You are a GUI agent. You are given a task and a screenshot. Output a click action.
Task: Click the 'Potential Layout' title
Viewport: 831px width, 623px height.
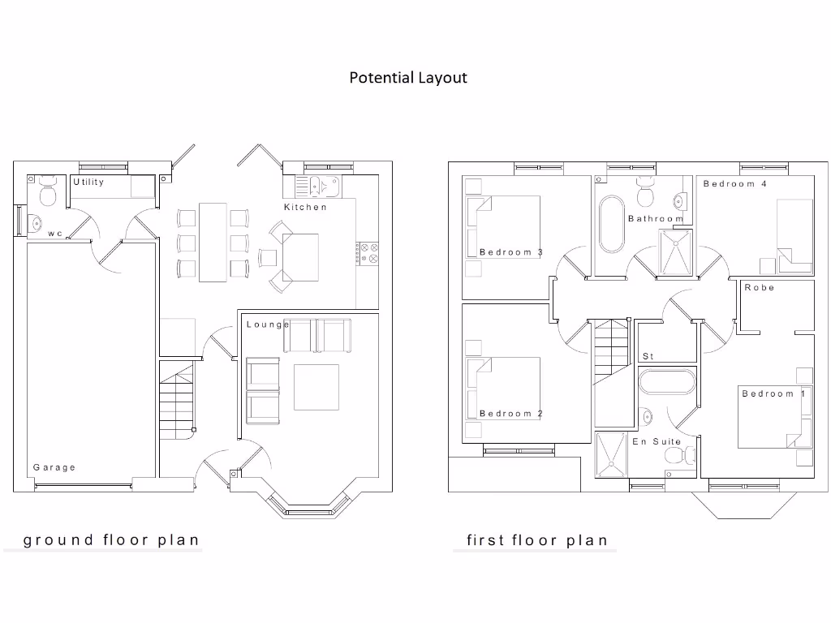click(x=408, y=78)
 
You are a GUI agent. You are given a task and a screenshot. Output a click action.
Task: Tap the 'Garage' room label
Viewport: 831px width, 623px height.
click(x=54, y=467)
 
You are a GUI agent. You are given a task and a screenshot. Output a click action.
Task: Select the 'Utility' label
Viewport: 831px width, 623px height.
click(x=88, y=183)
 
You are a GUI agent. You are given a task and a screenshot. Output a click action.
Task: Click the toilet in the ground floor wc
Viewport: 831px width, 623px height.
click(x=46, y=194)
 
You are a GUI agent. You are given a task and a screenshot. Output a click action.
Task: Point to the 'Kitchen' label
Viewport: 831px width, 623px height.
click(x=305, y=208)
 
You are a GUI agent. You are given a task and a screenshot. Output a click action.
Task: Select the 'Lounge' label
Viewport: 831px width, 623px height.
click(x=267, y=324)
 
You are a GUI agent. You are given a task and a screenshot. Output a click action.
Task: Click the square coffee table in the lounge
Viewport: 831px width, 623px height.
click(x=316, y=388)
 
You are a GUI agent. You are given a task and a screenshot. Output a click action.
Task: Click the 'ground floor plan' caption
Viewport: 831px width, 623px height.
click(x=111, y=539)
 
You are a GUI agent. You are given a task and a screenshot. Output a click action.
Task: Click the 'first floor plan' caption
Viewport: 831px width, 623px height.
click(x=536, y=540)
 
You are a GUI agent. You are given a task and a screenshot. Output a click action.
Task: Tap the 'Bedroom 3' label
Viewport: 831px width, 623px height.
click(x=510, y=252)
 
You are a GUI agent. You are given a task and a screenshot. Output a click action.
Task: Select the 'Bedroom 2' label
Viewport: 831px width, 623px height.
click(x=510, y=414)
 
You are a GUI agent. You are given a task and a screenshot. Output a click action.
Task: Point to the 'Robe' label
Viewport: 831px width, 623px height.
click(x=760, y=288)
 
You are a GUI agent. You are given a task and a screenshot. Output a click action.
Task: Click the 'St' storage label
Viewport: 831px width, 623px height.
click(x=648, y=356)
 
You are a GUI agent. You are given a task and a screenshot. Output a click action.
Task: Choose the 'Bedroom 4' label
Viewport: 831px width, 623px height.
click(x=734, y=184)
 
